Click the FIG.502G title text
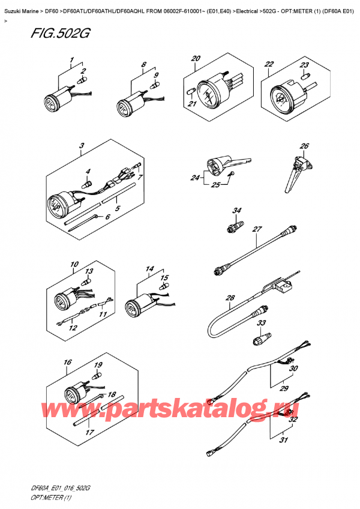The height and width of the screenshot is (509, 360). pos(60,34)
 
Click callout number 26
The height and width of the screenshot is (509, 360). pos(304,146)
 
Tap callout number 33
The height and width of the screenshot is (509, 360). pos(262,323)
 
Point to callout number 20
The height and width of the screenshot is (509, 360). pos(196,59)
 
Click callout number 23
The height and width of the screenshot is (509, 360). pos(304,65)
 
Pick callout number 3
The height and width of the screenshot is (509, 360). pos(82,145)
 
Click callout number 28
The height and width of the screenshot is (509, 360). pos(230,298)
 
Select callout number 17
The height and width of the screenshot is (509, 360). pos(89,432)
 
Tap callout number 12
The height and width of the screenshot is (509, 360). pos(73,328)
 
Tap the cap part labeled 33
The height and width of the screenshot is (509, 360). pos(262,337)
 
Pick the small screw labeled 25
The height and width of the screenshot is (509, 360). pos(231,174)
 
